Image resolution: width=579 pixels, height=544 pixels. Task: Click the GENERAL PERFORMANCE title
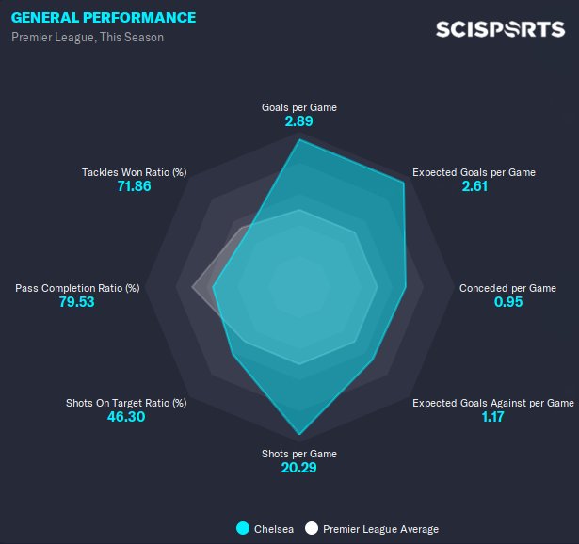click(x=104, y=18)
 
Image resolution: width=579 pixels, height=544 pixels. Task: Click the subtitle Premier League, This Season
click(x=88, y=38)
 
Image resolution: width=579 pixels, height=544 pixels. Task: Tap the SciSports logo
click(x=500, y=29)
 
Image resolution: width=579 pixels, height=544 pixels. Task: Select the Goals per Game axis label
click(x=299, y=107)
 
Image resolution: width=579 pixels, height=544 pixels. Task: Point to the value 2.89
click(x=299, y=122)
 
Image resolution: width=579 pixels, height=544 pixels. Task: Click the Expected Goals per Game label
click(x=474, y=172)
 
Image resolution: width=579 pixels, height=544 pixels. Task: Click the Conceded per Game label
click(x=507, y=288)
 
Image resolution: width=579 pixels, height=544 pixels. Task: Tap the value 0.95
click(x=507, y=303)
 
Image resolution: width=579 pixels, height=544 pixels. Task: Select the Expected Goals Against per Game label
click(x=492, y=403)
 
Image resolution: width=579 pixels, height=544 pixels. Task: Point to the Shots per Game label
click(x=299, y=454)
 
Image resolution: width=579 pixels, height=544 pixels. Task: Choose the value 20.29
click(x=299, y=469)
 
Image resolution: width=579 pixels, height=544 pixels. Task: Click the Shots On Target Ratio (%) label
click(x=126, y=403)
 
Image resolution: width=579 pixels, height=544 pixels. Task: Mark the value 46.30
click(x=126, y=418)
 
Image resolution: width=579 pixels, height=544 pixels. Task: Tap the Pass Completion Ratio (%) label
click(x=77, y=288)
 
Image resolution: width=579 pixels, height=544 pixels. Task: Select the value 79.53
click(x=77, y=303)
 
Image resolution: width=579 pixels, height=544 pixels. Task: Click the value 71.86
click(x=134, y=187)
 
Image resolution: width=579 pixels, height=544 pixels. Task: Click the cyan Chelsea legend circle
click(x=243, y=529)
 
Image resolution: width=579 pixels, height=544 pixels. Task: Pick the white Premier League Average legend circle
click(x=312, y=529)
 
